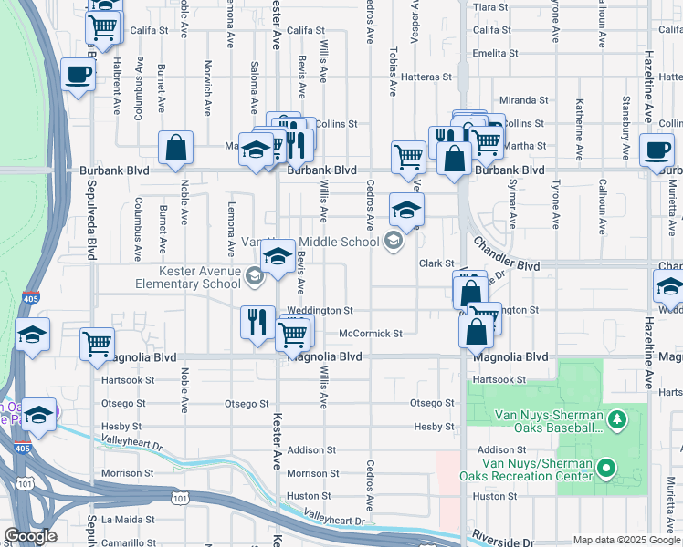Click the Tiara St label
click(x=489, y=7)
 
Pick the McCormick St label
click(x=371, y=334)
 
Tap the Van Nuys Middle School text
click(x=310, y=243)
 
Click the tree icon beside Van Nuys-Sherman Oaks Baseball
click(x=618, y=420)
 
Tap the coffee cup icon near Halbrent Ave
click(x=78, y=74)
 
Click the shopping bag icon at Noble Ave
click(x=175, y=148)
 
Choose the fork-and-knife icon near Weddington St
click(x=257, y=321)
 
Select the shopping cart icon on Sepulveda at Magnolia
click(x=97, y=344)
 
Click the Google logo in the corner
click(x=30, y=536)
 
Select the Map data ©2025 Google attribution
click(x=625, y=540)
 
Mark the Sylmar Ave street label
click(x=512, y=210)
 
